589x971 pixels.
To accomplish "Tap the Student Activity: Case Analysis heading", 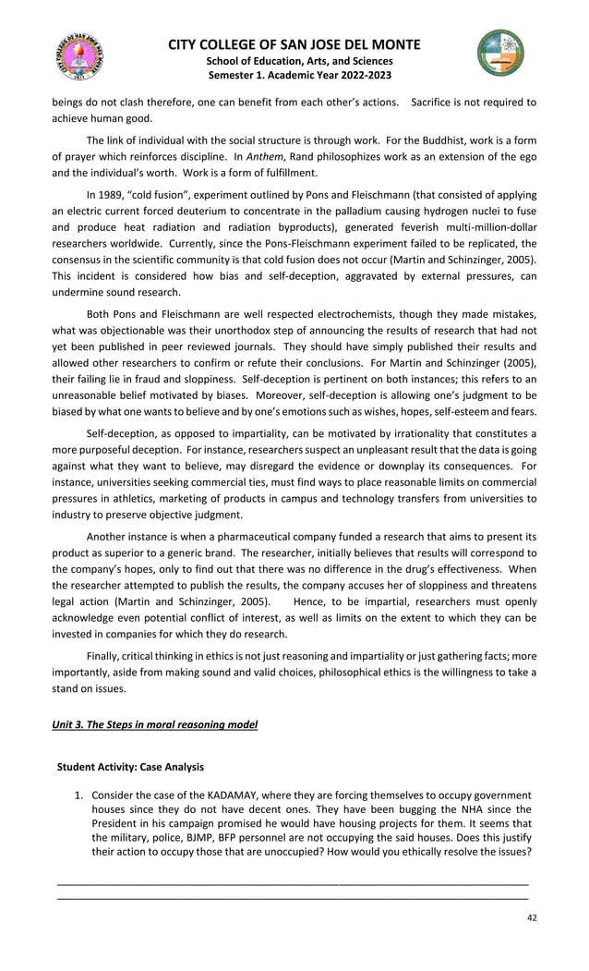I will tap(130, 767).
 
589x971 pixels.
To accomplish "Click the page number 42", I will tap(530, 916).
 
